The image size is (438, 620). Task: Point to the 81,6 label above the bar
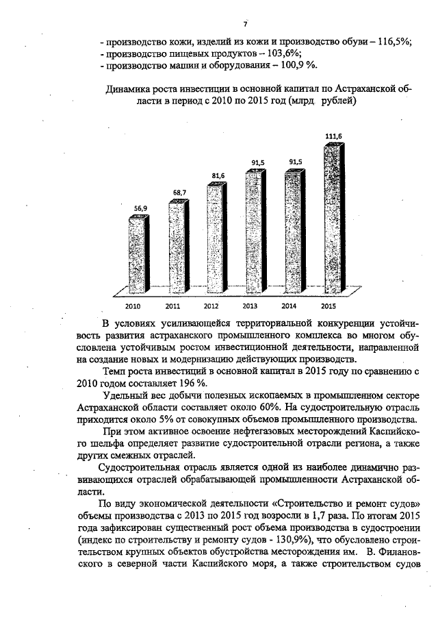tap(218, 176)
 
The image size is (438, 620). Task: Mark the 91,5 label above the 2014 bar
tap(296, 162)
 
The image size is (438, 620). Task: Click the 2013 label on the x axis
tap(250, 306)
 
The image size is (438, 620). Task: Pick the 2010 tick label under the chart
tap(133, 306)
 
